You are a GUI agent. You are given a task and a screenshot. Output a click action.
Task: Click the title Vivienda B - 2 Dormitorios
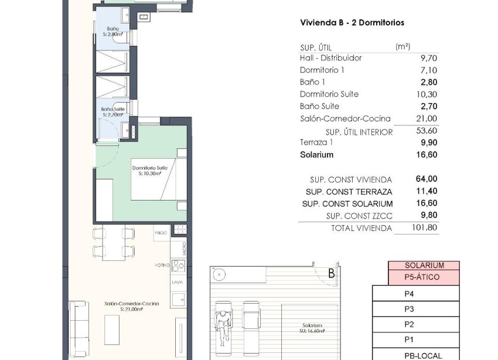point(352,22)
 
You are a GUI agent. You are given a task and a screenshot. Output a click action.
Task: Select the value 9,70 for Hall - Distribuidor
point(429,58)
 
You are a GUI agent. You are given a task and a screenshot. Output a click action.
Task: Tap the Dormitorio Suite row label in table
point(329,94)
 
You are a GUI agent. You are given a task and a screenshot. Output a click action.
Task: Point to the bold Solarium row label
point(317,155)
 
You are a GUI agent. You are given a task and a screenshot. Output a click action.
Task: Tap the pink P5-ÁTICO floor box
point(425,278)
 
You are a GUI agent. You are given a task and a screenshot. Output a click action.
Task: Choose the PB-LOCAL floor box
point(425,355)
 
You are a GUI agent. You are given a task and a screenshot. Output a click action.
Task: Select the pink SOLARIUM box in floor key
point(424,266)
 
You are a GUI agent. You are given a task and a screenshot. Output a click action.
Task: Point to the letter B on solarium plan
point(331,273)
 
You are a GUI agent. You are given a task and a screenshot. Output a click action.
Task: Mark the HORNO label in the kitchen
point(161,265)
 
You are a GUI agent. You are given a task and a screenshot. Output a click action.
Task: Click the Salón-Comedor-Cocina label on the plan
point(124,305)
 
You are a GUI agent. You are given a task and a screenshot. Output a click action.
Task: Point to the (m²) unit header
point(403,46)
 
